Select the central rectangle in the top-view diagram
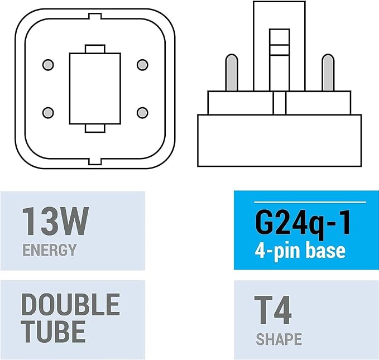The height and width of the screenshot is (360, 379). click(94, 88)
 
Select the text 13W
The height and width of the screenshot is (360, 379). click(55, 222)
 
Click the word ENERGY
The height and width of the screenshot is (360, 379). click(49, 249)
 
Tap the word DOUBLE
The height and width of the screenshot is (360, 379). click(70, 305)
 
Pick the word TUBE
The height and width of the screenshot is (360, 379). click(54, 330)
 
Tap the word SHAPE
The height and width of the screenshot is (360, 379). click(279, 339)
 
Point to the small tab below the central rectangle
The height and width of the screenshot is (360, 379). click(94, 128)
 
